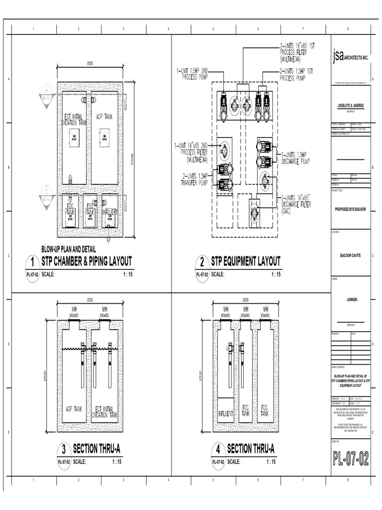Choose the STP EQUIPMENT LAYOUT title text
[x=246, y=261]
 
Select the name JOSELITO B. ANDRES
[x=351, y=106]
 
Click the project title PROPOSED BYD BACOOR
[x=351, y=209]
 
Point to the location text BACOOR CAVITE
[x=351, y=255]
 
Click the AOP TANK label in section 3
[x=76, y=408]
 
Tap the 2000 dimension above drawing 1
[x=90, y=63]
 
